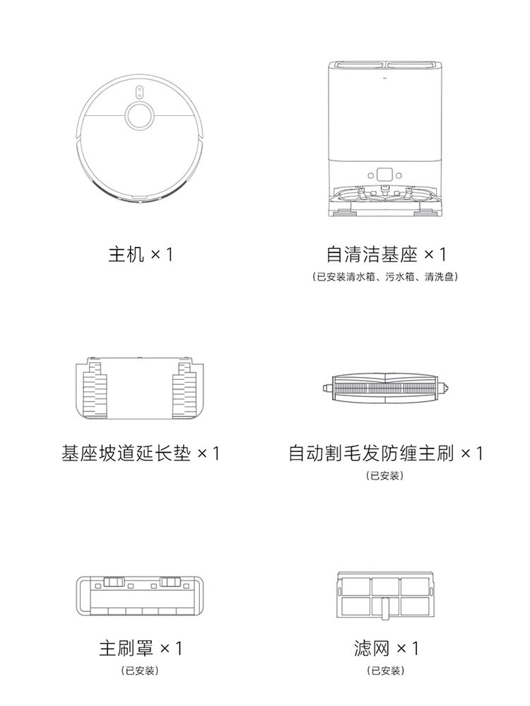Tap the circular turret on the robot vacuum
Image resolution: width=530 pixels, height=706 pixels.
[x=140, y=114]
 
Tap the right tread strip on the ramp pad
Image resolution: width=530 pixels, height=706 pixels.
[x=182, y=391]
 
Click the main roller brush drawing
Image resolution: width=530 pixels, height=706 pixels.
[x=385, y=388]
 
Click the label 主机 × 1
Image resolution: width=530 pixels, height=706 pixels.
[x=140, y=254]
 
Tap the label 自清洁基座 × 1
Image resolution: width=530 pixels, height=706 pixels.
[x=386, y=254]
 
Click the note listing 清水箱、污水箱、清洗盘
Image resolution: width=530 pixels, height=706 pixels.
[x=385, y=277]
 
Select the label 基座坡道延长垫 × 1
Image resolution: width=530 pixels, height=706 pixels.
[x=140, y=453]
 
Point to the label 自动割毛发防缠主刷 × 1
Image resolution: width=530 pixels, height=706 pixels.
[x=386, y=453]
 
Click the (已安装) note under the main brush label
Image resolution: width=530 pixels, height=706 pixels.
[x=385, y=475]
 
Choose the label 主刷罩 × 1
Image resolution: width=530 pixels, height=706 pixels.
[x=140, y=647]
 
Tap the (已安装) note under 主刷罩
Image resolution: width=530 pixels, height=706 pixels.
[x=139, y=670]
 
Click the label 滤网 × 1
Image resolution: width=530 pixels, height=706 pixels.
[x=386, y=647]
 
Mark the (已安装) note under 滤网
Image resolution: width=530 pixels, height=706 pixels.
[x=385, y=670]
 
